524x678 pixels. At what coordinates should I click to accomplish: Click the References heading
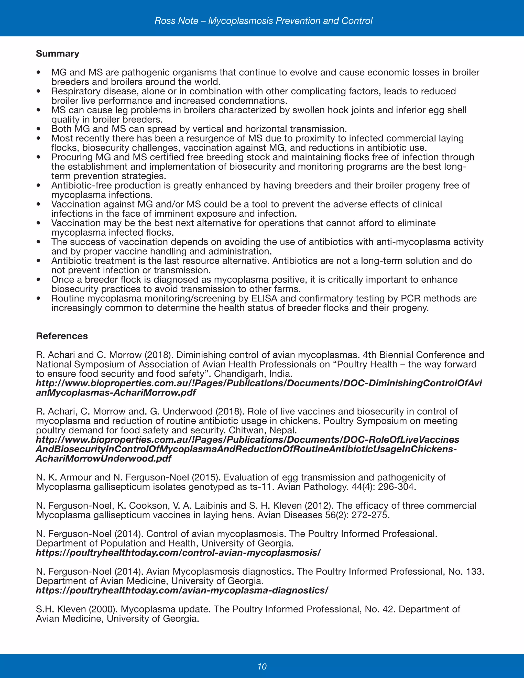tap(62, 336)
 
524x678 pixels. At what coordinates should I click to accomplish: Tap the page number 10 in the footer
tap(262, 666)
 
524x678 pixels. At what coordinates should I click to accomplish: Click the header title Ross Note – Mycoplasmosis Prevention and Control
tap(263, 21)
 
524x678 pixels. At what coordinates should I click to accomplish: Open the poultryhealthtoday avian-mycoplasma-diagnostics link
tap(182, 590)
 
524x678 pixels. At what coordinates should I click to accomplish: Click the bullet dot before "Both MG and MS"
tap(38, 129)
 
